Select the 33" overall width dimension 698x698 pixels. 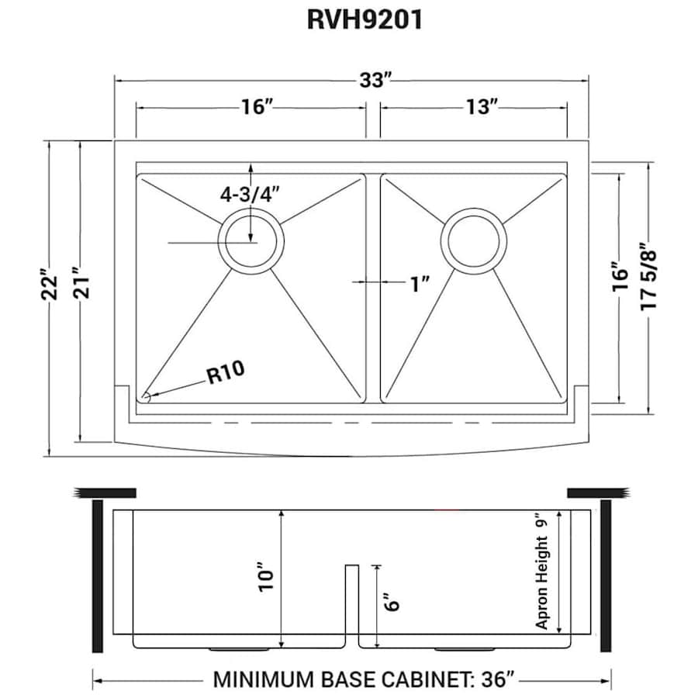pyautogui.click(x=373, y=80)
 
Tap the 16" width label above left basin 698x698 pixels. pyautogui.click(x=254, y=107)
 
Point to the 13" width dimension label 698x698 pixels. pyautogui.click(x=482, y=107)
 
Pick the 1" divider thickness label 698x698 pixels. pyautogui.click(x=420, y=284)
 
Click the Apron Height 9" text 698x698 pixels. pyautogui.click(x=542, y=572)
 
